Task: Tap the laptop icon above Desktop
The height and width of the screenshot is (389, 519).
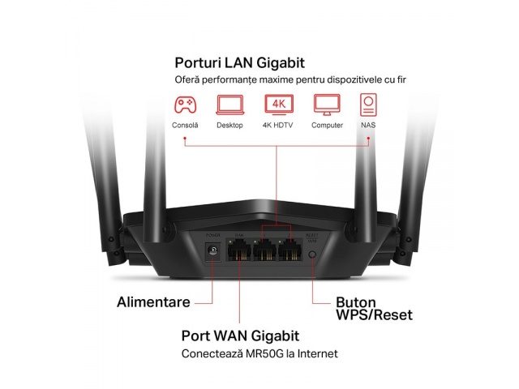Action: (229, 104)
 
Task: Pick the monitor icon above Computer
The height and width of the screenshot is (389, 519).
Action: (325, 104)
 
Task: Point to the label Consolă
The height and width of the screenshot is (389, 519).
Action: (185, 126)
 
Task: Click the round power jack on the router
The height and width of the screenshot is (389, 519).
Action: (215, 252)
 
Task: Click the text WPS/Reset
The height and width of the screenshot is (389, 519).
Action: (375, 315)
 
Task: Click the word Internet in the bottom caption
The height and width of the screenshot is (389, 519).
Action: (319, 354)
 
